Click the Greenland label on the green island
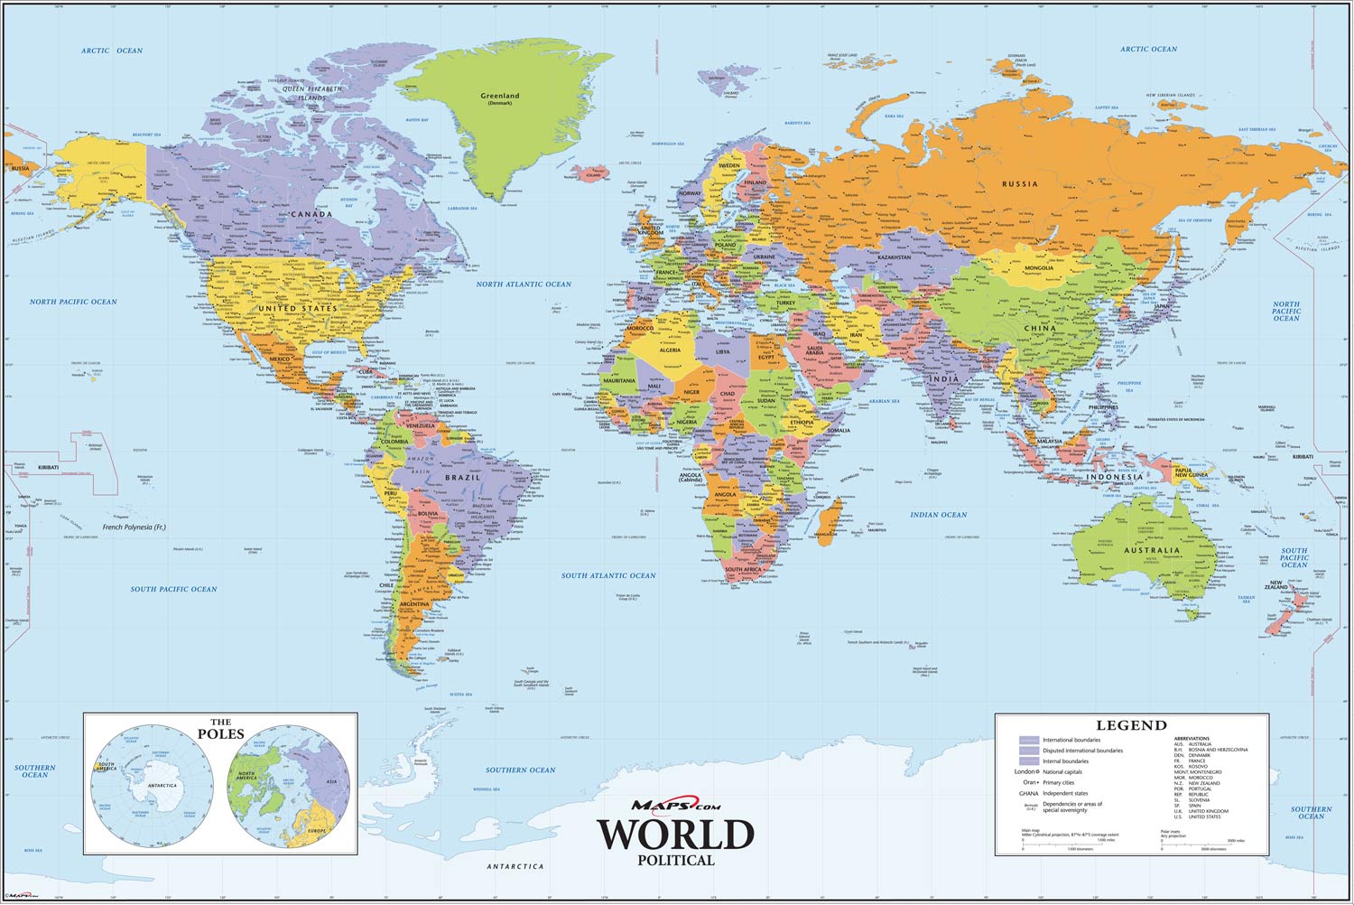click(499, 97)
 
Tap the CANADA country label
click(311, 215)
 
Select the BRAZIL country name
click(462, 477)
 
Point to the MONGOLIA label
click(1038, 268)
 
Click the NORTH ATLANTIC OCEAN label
click(524, 285)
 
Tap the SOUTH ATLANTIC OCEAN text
click(607, 575)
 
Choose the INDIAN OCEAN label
click(938, 515)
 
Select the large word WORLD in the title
click(675, 835)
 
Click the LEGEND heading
click(1131, 725)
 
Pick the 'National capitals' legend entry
click(1062, 772)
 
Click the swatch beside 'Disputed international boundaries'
click(1028, 751)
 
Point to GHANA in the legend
click(1026, 793)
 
